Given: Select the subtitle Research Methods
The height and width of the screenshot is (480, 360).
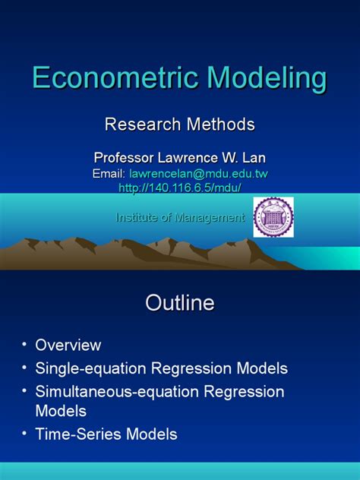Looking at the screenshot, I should (x=179, y=124).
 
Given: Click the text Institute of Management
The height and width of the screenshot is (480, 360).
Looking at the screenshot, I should (x=180, y=218).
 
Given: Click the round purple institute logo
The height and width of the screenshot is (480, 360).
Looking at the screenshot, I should (x=273, y=217).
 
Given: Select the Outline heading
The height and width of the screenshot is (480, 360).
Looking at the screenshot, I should (x=180, y=304).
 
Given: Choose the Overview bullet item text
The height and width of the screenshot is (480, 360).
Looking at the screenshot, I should (x=68, y=345).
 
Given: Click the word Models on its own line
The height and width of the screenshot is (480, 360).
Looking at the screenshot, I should (x=62, y=411).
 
